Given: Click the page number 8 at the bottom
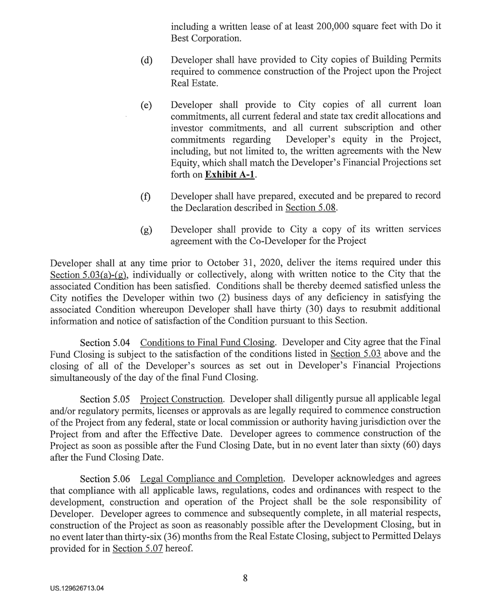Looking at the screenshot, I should [x=245, y=579].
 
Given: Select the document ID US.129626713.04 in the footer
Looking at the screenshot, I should [x=78, y=588].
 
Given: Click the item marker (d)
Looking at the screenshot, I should [x=146, y=61].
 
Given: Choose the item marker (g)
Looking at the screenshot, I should [x=146, y=230].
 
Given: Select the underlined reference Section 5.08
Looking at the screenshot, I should [x=311, y=208].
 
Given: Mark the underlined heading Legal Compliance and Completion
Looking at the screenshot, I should [x=211, y=479].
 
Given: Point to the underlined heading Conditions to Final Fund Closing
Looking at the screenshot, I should [x=208, y=343].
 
